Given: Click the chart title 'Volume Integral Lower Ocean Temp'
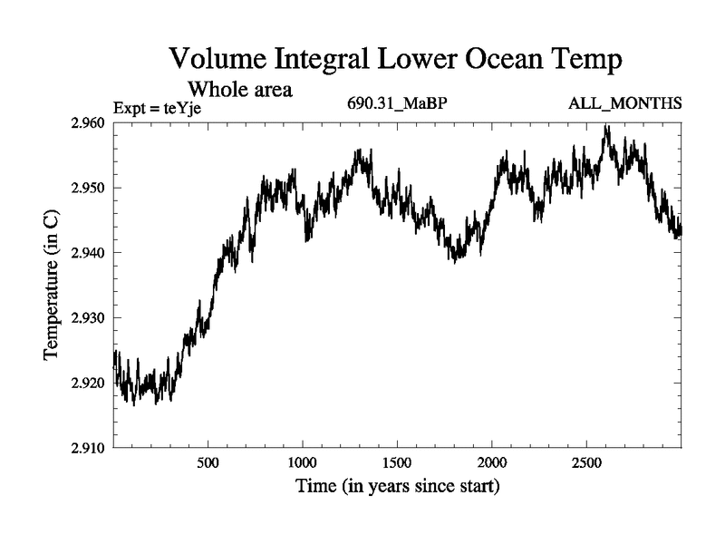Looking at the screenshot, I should point(396,60).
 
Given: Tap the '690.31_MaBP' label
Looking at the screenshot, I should point(397,102).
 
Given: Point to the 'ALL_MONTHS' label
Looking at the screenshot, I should point(624,102).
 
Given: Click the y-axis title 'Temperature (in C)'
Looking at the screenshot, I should point(53,285).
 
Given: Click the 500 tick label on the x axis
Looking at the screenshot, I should point(208,461).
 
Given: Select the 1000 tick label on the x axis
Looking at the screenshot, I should point(302,461).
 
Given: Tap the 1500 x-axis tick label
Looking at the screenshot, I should point(397,461).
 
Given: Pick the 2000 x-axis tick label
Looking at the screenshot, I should point(491,461).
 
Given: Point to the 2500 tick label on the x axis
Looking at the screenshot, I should point(586,461).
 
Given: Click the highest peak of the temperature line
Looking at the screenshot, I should point(606,126).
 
